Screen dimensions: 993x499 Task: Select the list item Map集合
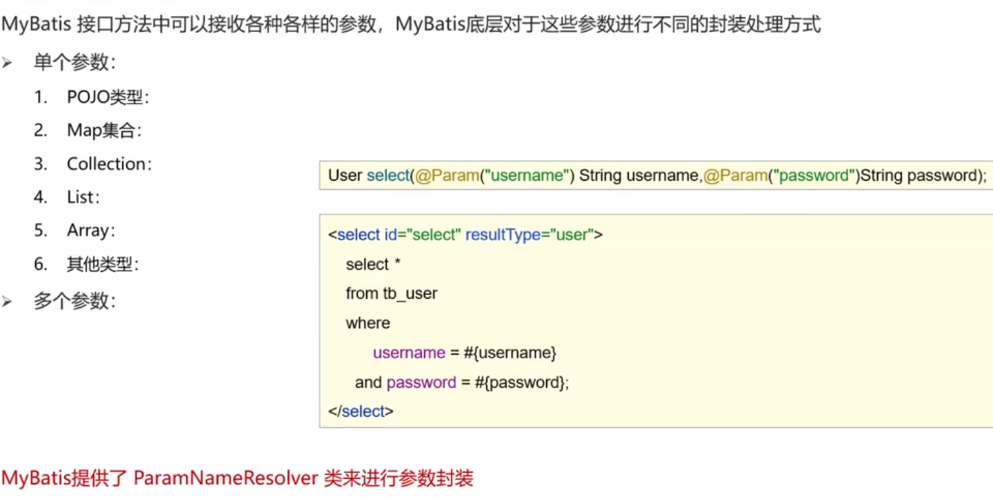[x=104, y=130]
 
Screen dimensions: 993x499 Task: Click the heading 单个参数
[x=75, y=63]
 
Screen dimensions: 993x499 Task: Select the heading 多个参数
[x=75, y=302]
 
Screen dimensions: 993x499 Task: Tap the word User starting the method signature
[x=345, y=175]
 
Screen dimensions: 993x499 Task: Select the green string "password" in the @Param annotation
[x=814, y=175]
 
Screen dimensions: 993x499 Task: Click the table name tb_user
[x=410, y=294]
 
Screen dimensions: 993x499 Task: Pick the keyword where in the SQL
[x=368, y=324]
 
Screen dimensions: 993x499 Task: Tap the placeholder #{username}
[x=510, y=353]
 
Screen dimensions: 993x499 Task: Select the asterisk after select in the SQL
[x=397, y=264]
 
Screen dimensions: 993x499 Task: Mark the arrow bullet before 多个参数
[x=7, y=302]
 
